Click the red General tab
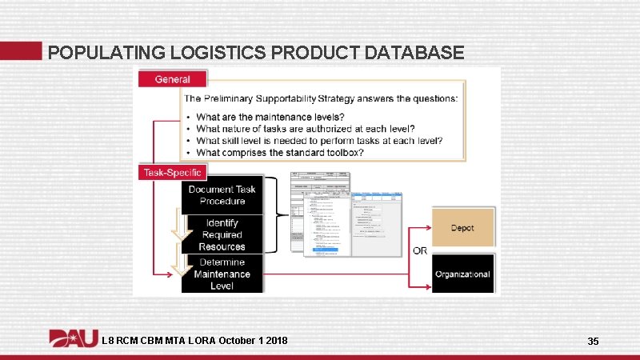tap(173, 78)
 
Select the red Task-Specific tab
tap(173, 172)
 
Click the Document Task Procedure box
tap(222, 195)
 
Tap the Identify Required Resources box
tap(222, 234)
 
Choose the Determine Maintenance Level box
tap(222, 274)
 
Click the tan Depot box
tap(462, 228)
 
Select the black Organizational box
tap(462, 274)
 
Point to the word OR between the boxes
tap(419, 250)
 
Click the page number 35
tap(593, 342)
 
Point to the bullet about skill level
tap(318, 141)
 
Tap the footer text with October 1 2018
tap(195, 342)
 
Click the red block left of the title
tap(20, 50)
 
